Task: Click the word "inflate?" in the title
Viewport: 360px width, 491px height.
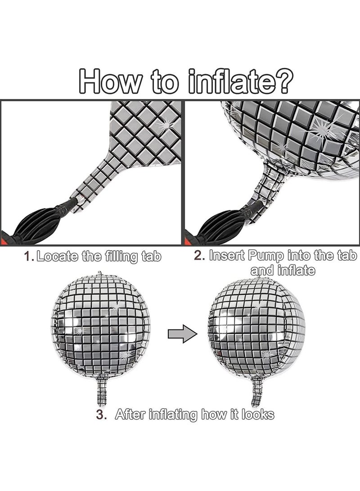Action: pos(241,81)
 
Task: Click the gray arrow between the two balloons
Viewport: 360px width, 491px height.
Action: pos(183,333)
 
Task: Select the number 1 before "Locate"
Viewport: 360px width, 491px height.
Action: pos(29,257)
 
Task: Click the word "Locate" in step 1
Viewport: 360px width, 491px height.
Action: pos(57,257)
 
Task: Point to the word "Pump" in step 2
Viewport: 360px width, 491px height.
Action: pos(265,256)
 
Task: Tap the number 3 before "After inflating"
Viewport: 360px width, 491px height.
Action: pos(101,414)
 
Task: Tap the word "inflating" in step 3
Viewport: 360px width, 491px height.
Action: pos(173,415)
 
